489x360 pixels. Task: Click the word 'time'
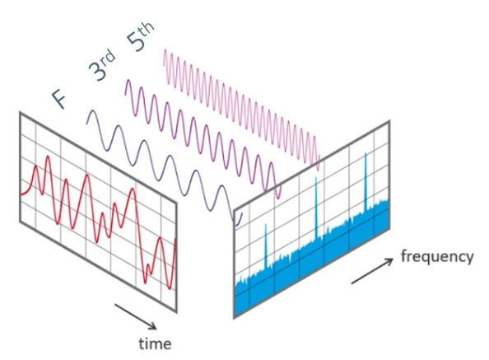(x=155, y=344)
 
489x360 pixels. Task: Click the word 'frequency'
(x=437, y=256)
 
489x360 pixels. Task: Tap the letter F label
(x=59, y=98)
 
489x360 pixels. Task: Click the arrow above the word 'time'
(x=136, y=316)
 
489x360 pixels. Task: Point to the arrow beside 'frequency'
(x=372, y=271)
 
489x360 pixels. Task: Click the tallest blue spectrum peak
(x=366, y=180)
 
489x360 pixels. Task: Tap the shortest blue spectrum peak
(x=266, y=245)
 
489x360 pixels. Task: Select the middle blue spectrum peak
(x=316, y=208)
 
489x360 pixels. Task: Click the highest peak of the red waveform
(x=48, y=156)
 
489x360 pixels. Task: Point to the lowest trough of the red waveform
(x=170, y=289)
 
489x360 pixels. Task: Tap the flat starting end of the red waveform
(x=22, y=194)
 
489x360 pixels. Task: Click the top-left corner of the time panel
(x=21, y=113)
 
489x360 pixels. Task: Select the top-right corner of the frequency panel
(x=389, y=121)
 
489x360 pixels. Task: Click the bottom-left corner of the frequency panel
(x=234, y=318)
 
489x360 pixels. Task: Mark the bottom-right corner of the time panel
(x=176, y=311)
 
